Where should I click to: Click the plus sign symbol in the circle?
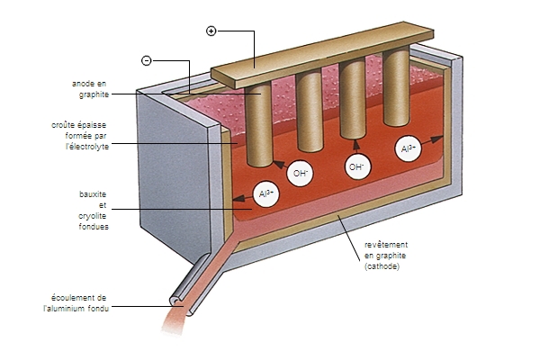(x=211, y=31)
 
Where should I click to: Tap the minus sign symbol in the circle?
(x=147, y=60)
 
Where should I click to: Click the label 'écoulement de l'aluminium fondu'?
(x=79, y=301)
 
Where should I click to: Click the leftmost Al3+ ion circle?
(x=266, y=193)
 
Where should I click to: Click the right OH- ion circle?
(x=358, y=166)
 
